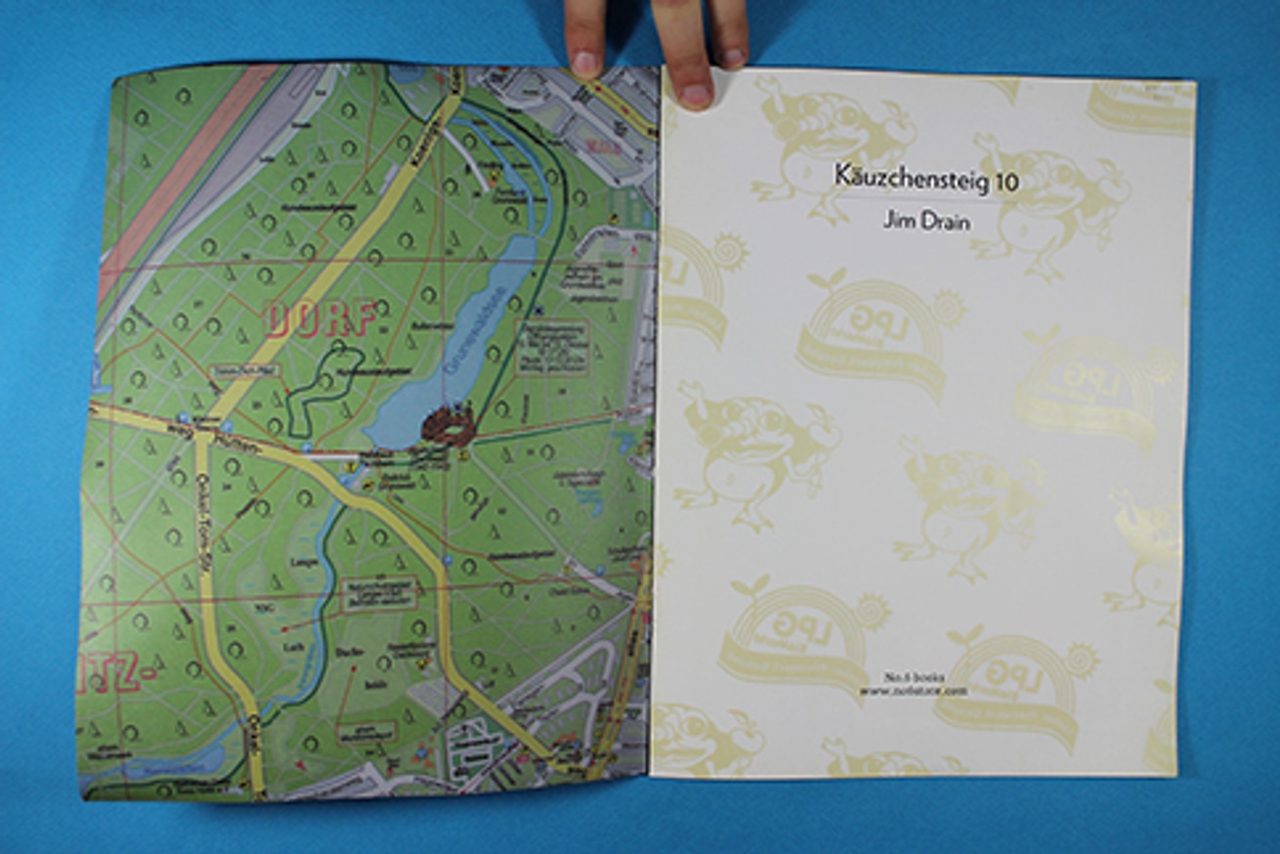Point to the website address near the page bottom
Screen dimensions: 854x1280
913,691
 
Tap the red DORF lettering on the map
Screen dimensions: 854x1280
319,320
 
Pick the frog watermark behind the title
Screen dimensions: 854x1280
831,137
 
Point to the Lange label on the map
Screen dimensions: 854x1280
300,564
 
